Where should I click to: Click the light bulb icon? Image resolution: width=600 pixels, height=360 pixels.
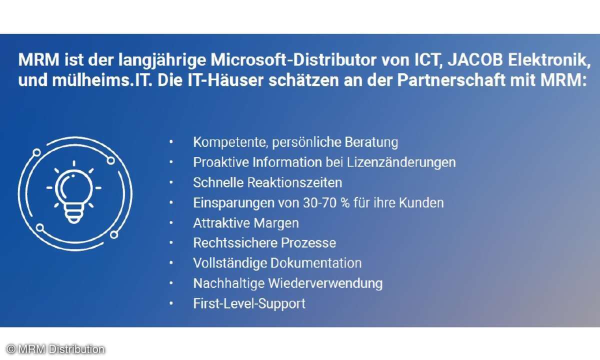click(74, 192)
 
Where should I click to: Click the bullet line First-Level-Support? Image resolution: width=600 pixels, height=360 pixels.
click(249, 303)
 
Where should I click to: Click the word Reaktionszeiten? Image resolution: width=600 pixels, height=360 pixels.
click(294, 182)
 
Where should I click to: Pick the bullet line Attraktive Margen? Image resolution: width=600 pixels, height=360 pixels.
click(246, 223)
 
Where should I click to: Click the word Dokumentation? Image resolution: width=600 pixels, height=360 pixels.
click(315, 263)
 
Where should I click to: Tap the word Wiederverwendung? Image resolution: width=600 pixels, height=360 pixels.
click(325, 283)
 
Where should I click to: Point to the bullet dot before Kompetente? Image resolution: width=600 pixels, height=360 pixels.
click(171, 142)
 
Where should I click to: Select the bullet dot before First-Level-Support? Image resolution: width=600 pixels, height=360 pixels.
click(171, 303)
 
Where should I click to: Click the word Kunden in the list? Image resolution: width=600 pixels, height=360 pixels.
click(425, 203)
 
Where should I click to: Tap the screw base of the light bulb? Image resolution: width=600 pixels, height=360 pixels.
click(73, 216)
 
